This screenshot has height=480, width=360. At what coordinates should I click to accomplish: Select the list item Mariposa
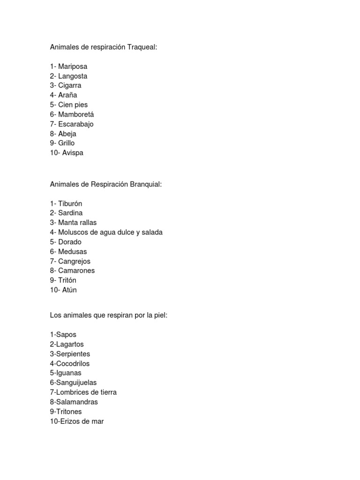[x=73, y=67]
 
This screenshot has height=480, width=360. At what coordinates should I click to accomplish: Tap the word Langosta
[x=73, y=76]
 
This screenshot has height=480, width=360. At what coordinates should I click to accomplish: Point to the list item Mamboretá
[x=76, y=114]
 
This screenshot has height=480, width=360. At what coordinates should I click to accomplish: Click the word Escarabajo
[x=76, y=124]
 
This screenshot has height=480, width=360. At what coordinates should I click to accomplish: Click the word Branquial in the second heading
[x=146, y=185]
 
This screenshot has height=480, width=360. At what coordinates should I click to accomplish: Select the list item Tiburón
[x=70, y=204]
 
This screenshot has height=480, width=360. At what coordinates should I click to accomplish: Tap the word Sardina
[x=70, y=213]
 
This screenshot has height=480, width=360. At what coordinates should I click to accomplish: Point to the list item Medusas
[x=72, y=252]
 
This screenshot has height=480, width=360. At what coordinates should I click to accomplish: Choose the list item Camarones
[x=76, y=270]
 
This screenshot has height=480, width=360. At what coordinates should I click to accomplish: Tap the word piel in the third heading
[x=159, y=315]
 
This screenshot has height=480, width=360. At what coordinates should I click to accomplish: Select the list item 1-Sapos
[x=63, y=335]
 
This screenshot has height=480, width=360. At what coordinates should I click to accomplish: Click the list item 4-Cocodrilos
[x=70, y=363]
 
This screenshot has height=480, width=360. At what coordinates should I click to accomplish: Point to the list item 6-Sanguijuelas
[x=73, y=382]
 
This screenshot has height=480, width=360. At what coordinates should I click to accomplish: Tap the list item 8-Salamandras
[x=74, y=402]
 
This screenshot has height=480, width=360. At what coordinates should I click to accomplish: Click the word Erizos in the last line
[x=70, y=421]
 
